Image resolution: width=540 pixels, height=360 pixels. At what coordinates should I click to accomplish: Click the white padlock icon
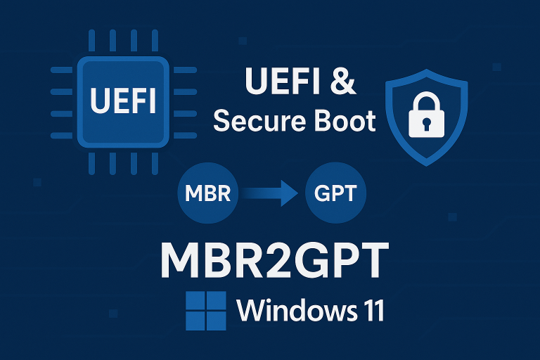tap(427, 115)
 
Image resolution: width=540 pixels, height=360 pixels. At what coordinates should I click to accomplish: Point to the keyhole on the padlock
tap(427, 124)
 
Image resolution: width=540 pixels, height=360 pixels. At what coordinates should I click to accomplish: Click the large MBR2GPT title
tap(275, 259)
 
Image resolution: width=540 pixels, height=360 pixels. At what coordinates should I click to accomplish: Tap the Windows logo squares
tap(205, 311)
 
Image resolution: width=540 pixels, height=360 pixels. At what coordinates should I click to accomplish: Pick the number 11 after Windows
tap(371, 310)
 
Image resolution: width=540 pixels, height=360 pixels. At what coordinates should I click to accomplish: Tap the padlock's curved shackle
tap(427, 97)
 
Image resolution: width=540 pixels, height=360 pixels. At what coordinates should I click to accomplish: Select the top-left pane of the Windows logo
tap(195, 301)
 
